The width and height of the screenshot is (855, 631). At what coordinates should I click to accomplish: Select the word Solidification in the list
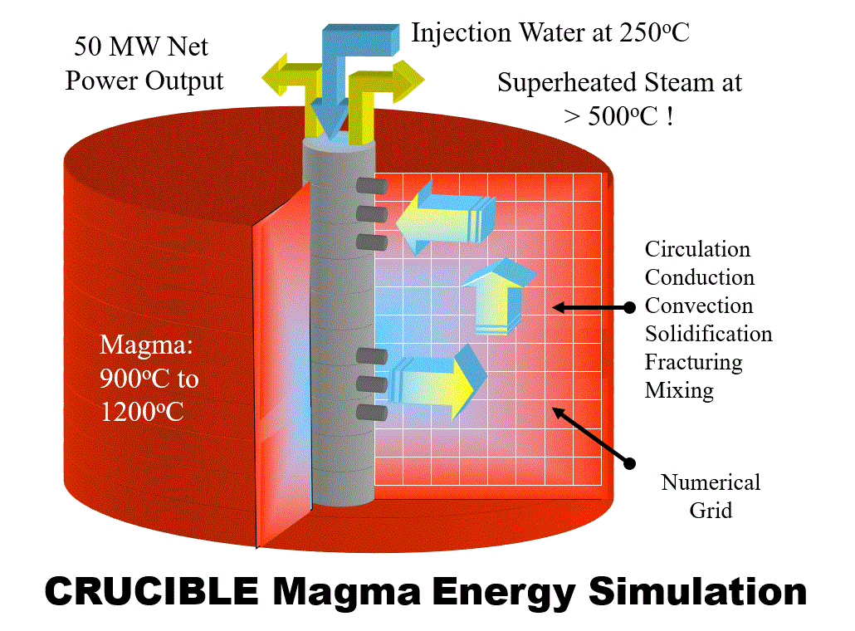[x=708, y=334]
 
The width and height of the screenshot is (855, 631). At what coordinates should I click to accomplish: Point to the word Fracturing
[x=693, y=362]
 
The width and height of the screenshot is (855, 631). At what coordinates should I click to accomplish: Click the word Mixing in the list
[x=679, y=390]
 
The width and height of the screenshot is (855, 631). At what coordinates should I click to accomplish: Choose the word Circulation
[x=697, y=249]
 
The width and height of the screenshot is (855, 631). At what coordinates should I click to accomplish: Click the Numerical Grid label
[x=711, y=496]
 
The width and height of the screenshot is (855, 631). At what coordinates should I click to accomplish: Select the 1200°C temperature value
[x=142, y=411]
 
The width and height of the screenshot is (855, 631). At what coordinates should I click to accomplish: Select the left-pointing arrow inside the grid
[x=443, y=216]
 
